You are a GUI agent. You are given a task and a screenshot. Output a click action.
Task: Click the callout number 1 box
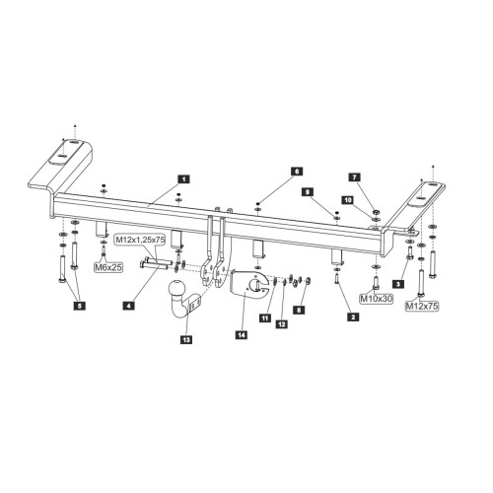pos(183,179)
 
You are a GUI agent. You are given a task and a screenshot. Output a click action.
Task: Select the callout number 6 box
pos(296,172)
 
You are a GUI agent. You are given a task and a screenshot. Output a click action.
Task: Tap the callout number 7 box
pos(354,177)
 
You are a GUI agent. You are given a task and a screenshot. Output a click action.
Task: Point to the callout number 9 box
pos(308,192)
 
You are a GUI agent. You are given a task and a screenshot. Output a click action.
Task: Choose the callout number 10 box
pos(348,200)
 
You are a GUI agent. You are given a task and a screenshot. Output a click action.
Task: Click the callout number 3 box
pos(398,284)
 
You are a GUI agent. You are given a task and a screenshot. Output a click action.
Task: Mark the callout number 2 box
pos(353,317)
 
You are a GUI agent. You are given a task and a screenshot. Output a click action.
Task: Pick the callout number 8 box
pos(299,310)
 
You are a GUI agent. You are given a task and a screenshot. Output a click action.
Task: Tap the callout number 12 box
pos(282,324)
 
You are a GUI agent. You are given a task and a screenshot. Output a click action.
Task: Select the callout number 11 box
pos(265,317)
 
